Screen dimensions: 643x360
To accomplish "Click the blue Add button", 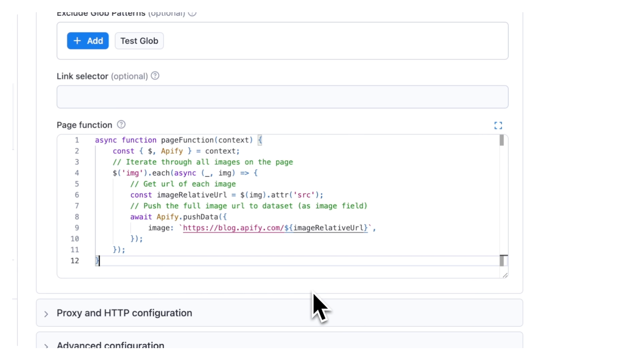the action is (x=88, y=41).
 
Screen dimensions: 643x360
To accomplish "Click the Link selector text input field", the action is (x=282, y=97).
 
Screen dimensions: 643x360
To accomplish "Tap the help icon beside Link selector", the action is (x=155, y=76).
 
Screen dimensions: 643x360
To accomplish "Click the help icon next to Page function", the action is (x=121, y=125).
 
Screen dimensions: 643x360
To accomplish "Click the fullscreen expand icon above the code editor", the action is (x=498, y=125).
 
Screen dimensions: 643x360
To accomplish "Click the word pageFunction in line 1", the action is (x=187, y=140).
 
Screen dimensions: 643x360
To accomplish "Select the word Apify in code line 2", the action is (x=172, y=151).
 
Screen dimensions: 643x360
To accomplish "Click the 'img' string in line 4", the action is (x=132, y=173).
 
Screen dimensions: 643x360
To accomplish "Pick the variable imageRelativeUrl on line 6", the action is (x=192, y=195).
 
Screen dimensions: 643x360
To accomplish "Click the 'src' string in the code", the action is (x=304, y=195).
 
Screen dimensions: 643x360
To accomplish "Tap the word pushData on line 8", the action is (x=200, y=217).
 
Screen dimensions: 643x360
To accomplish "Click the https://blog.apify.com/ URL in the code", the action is (x=233, y=228).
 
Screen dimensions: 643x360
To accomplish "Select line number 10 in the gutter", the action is (x=75, y=239).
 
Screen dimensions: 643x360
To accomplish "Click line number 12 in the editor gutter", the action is (x=75, y=261).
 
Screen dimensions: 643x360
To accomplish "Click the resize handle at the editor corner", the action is (x=505, y=275).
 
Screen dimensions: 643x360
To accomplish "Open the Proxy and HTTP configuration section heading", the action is (x=124, y=313).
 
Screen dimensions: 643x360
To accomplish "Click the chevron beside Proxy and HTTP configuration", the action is (x=46, y=314).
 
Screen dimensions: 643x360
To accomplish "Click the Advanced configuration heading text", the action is (x=110, y=345).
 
